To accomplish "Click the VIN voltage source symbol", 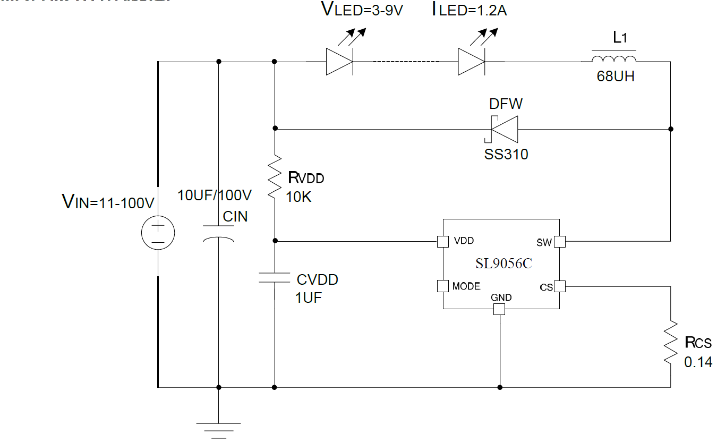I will [x=158, y=234].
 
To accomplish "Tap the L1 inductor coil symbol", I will [x=613, y=58].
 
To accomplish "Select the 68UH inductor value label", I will [x=615, y=76].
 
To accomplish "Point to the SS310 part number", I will [x=506, y=155].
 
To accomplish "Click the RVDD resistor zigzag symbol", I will [x=275, y=175].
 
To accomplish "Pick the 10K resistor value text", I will [x=299, y=198].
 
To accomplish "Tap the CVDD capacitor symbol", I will [x=275, y=277].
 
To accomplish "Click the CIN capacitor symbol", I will [x=218, y=234].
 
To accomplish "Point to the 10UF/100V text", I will [x=214, y=195].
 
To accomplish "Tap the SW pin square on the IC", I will [x=559, y=242].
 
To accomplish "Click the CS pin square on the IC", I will [x=559, y=287].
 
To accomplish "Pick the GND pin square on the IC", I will [x=499, y=309].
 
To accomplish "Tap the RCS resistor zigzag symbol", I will [x=671, y=342].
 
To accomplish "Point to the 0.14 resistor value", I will [x=698, y=363].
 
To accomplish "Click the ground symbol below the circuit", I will [x=218, y=428].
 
